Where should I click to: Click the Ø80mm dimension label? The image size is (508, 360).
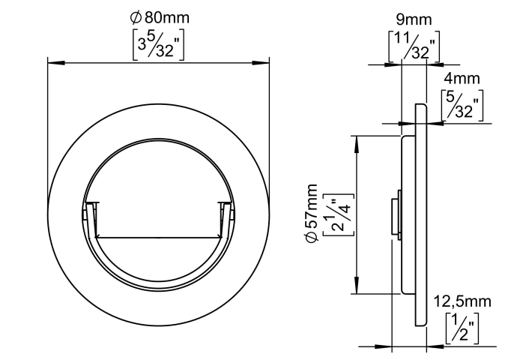point(160,17)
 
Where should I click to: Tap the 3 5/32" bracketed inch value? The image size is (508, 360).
point(158,44)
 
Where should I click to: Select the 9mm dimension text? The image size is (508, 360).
point(414,19)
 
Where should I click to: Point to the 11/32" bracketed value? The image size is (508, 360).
point(414,46)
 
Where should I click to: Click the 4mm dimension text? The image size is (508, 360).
point(462,79)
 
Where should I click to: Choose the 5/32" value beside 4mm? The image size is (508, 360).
point(462,106)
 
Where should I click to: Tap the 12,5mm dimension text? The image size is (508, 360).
point(462,301)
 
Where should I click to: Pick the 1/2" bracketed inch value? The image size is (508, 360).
point(462,328)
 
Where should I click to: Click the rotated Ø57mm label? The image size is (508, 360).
point(312,213)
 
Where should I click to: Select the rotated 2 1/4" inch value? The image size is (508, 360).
point(339,214)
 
